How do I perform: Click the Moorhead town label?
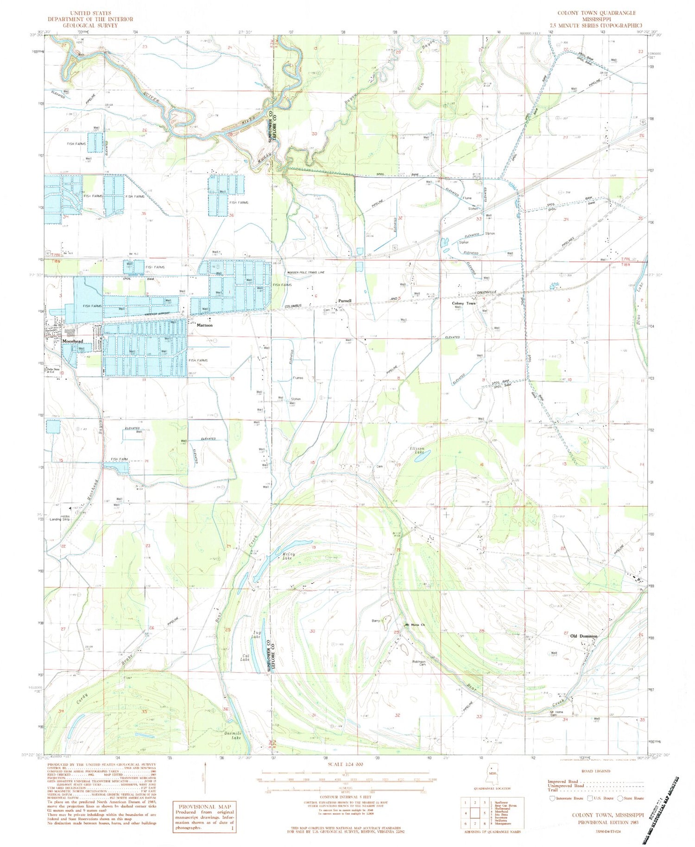point(72,341)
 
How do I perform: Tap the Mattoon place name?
point(205,325)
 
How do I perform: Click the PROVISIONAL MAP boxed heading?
point(204,807)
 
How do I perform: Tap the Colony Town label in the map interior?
point(464,303)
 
